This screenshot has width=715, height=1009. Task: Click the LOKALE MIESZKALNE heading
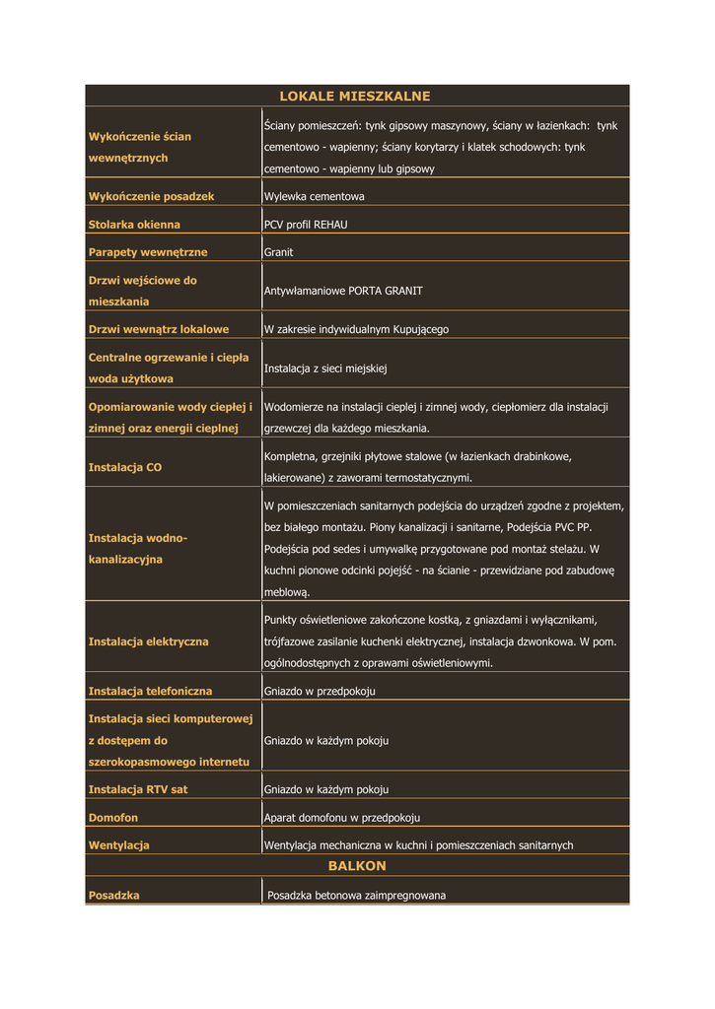point(355,97)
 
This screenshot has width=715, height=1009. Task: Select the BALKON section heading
point(357,866)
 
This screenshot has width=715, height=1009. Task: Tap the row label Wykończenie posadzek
point(151,197)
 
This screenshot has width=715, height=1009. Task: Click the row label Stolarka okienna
point(134,225)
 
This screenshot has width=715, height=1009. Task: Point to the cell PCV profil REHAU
point(306,225)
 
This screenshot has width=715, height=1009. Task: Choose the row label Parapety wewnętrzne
point(148,252)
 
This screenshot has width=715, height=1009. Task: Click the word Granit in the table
point(278,252)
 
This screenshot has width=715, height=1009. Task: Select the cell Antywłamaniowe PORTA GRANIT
point(343,291)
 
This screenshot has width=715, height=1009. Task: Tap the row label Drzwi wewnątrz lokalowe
point(159,329)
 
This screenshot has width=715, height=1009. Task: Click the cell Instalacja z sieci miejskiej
point(325,368)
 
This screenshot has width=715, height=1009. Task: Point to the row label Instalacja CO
point(125,467)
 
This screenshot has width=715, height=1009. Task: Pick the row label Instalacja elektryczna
point(149,641)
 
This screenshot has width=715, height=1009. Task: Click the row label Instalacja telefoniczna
point(150,691)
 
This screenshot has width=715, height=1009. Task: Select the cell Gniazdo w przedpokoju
point(320,691)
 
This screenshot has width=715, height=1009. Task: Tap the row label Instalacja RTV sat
point(138,789)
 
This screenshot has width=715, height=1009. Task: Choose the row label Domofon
point(113,818)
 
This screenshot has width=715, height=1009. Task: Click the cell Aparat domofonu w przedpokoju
point(342,818)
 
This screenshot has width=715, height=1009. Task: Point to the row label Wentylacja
point(119,845)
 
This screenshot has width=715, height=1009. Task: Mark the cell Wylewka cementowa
point(315,197)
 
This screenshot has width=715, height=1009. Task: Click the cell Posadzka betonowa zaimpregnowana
point(356,896)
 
